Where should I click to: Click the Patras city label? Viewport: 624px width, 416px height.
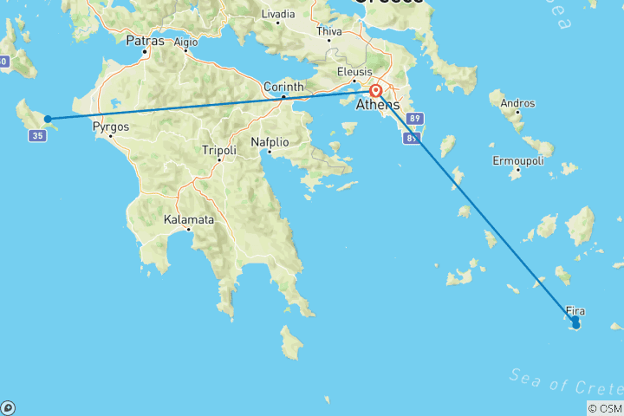146,41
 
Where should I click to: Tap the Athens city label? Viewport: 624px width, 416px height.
378,105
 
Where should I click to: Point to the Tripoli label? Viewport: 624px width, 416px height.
218,150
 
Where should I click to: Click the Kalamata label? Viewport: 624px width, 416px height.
188,220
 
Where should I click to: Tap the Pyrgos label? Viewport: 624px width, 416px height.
111,127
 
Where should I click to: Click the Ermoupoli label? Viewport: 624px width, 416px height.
518,160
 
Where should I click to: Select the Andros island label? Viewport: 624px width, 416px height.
517,104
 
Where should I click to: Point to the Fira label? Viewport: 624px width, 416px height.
575,310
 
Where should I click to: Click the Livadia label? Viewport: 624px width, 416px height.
277,14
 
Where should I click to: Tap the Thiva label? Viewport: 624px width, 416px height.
330,31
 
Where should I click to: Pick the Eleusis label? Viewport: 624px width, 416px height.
355,72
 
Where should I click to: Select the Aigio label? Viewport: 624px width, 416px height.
185,42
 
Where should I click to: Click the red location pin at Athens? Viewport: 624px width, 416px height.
376,91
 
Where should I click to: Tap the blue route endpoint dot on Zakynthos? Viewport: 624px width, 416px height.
48,119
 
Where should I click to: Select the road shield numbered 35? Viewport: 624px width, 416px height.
36,136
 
